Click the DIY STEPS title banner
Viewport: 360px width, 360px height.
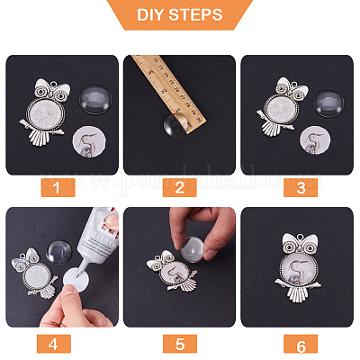pyautogui.click(x=180, y=16)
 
